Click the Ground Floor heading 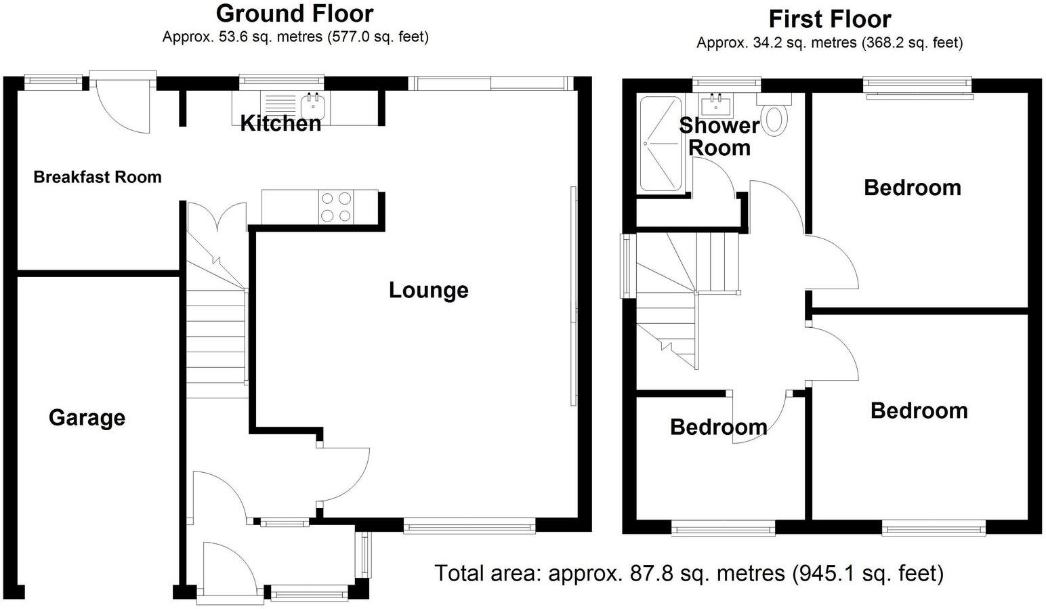tap(294, 14)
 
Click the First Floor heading tap(829, 19)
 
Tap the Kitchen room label tap(280, 123)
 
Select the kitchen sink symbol tap(313, 105)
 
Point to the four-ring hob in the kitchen tap(337, 207)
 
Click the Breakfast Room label tap(98, 177)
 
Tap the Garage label tap(87, 417)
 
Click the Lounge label tap(428, 290)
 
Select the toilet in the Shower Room tap(775, 117)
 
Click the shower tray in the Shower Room tap(661, 144)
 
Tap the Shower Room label tap(719, 136)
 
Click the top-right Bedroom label tap(912, 188)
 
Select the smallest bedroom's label tap(718, 427)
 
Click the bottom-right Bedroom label tap(919, 411)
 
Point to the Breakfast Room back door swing tap(122, 108)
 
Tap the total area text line tap(688, 573)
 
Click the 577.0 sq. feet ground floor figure tap(378, 37)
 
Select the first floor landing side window tap(627, 266)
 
